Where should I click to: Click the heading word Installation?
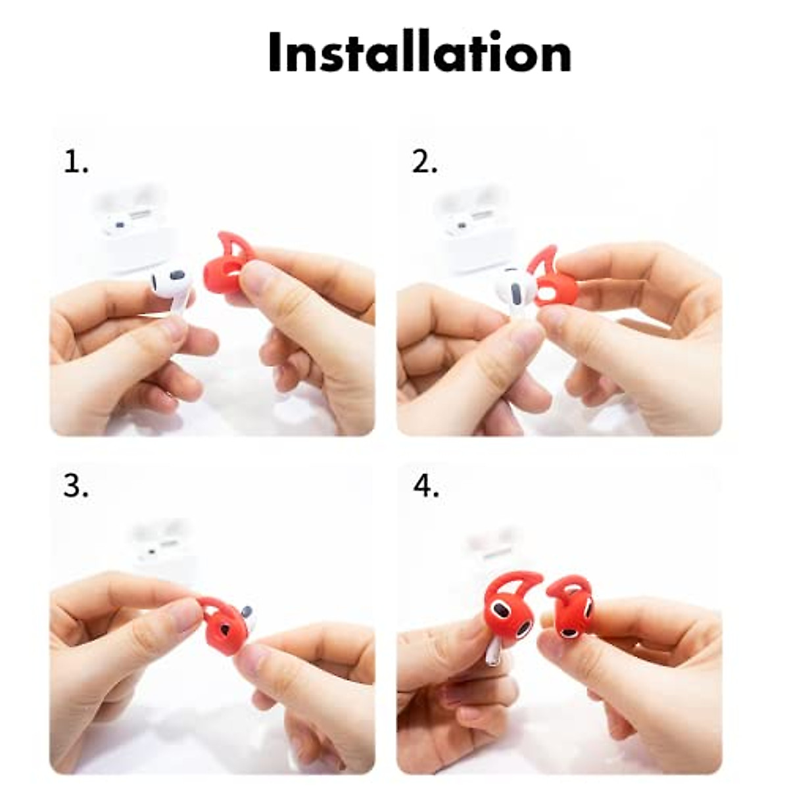point(419,52)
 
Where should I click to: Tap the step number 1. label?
point(76,162)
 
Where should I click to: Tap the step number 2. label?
point(425,162)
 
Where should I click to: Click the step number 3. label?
point(76,487)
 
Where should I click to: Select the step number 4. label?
point(426,487)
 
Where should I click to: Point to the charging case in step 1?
point(128,227)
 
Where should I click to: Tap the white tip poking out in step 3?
point(247,612)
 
